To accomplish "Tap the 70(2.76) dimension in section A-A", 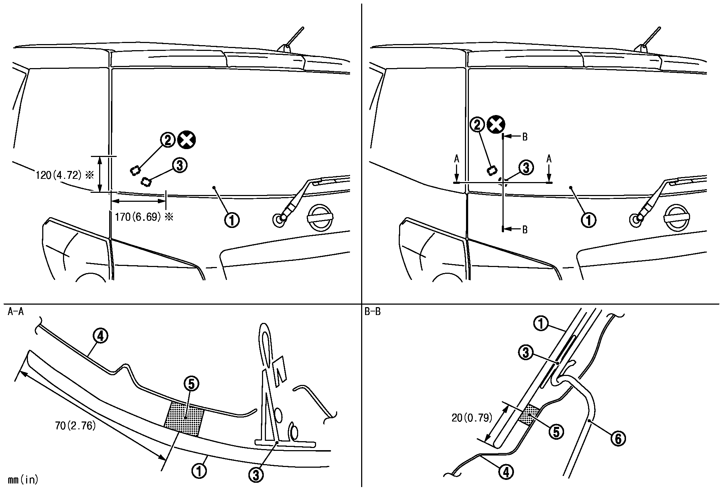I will point(76,426).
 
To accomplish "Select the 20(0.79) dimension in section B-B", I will point(472,418).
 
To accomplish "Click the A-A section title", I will point(16,312).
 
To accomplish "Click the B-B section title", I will point(373,312).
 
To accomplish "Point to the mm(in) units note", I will point(22,480).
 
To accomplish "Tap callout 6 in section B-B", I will point(618,438).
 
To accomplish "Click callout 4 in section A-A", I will point(101,336).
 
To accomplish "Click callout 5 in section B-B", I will point(556,432).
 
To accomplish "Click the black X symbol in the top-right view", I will point(496,125).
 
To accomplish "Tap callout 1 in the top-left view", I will point(232,219).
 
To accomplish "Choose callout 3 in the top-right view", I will point(526,167).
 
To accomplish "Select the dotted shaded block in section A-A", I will point(184,419).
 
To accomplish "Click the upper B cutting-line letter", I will point(525,137).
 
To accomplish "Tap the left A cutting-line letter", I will point(456,159).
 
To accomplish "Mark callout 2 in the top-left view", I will point(168,140).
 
